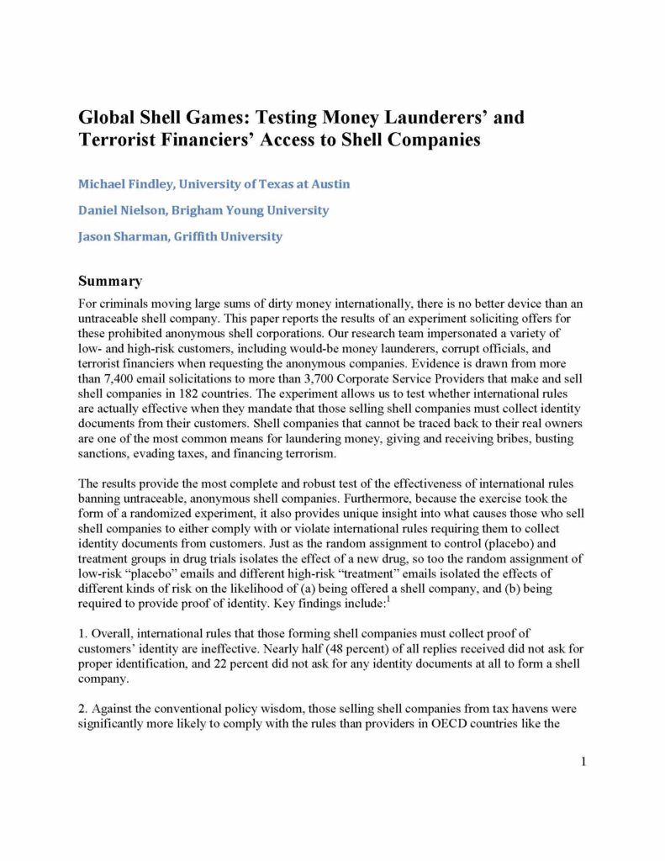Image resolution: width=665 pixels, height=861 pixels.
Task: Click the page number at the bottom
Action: [583, 762]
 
